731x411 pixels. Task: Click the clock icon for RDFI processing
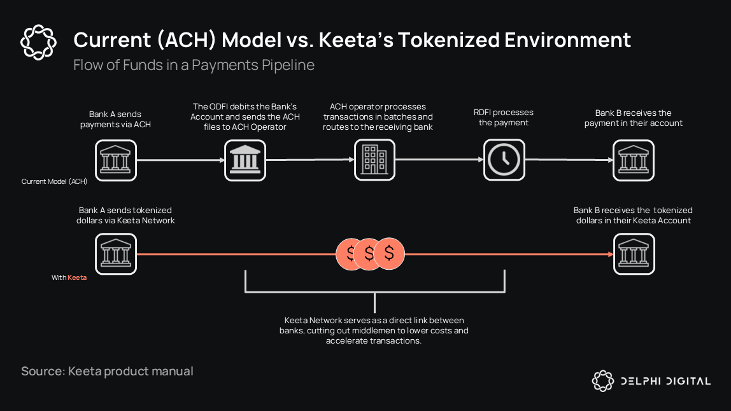tap(504, 160)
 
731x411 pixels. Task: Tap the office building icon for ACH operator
tap(374, 160)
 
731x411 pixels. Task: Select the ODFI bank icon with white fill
tap(245, 160)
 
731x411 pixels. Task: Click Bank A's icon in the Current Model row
tap(116, 160)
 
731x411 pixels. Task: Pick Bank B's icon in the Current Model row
tap(634, 160)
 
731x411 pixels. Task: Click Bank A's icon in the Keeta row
tap(116, 254)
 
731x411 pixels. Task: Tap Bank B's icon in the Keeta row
tap(634, 254)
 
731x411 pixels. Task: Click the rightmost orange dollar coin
tap(389, 253)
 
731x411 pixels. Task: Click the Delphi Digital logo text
tap(665, 381)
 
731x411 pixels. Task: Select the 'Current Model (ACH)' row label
tap(54, 181)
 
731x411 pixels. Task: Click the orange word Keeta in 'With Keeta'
tap(77, 277)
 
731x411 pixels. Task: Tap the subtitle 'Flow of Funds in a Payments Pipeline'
tap(194, 65)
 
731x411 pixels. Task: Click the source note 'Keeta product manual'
tap(131, 371)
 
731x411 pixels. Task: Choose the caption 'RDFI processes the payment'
tap(504, 118)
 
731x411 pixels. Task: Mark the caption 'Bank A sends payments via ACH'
tap(115, 119)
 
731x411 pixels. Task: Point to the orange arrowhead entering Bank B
tap(608, 254)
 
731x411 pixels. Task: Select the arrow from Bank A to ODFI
tap(180, 160)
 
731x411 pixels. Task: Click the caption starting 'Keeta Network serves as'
tap(374, 330)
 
